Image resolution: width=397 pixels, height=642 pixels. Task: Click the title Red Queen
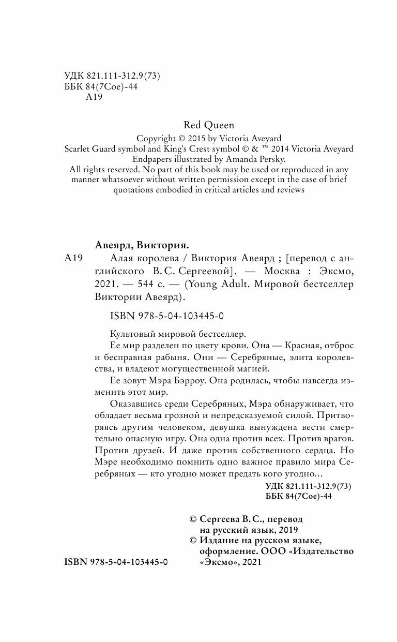pyautogui.click(x=209, y=125)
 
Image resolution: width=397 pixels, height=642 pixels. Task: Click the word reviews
pyautogui.click(x=291, y=190)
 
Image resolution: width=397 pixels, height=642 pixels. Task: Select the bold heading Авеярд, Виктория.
pyautogui.click(x=146, y=245)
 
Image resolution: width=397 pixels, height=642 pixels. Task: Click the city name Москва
pyautogui.click(x=280, y=272)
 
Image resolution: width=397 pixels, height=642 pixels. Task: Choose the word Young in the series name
pyautogui.click(x=207, y=285)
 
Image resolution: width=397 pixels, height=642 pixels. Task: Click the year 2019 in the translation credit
pyautogui.click(x=287, y=530)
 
